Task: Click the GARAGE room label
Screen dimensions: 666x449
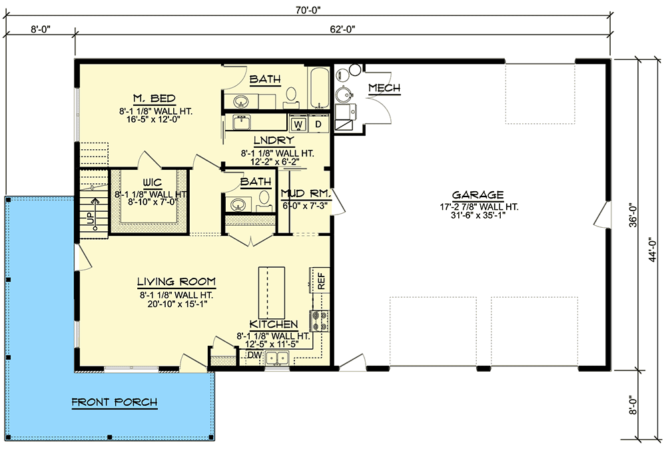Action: point(478,195)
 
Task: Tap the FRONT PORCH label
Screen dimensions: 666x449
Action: point(115,402)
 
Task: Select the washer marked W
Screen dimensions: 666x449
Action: point(298,124)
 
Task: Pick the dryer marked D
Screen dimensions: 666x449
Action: point(318,124)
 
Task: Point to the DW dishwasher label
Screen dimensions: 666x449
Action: point(254,355)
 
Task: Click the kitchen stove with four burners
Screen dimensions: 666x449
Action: point(320,320)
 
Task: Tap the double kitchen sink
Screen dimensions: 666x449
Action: point(277,358)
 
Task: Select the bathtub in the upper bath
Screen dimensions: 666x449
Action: point(318,88)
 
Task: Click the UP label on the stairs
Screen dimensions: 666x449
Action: point(90,219)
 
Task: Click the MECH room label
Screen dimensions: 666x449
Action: point(384,88)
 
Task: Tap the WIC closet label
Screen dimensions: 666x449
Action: point(152,183)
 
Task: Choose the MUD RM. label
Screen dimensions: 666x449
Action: point(306,194)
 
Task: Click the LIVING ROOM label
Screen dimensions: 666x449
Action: point(176,281)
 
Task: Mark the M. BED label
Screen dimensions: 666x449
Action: point(155,99)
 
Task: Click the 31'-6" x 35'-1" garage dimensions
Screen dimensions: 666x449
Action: point(478,215)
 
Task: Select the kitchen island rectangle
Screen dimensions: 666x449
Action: point(272,292)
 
